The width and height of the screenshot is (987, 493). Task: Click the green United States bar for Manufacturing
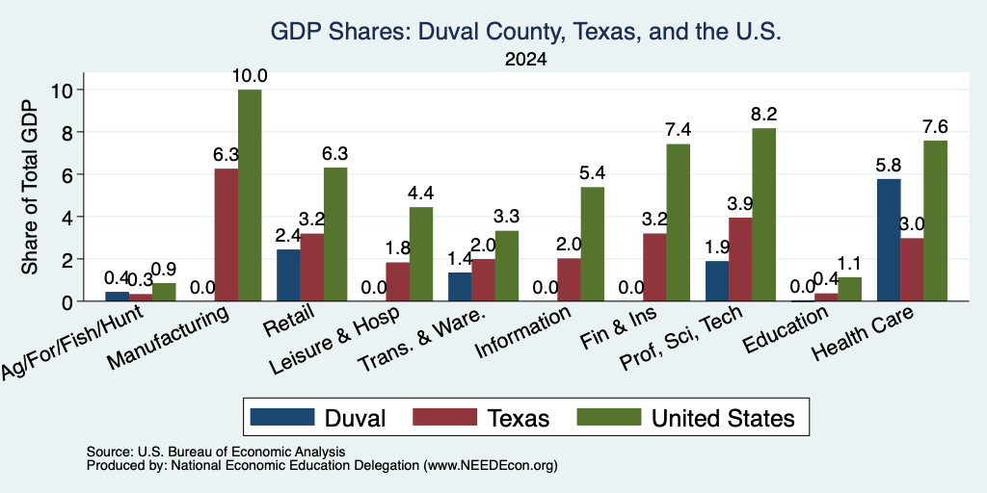pyautogui.click(x=250, y=195)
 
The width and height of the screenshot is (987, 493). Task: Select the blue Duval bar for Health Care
pyautogui.click(x=888, y=240)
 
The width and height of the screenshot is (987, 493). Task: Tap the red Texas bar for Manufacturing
pyautogui.click(x=227, y=235)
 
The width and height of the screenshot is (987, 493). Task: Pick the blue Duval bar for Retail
pyautogui.click(x=288, y=275)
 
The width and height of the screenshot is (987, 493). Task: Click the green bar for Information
pyautogui.click(x=593, y=244)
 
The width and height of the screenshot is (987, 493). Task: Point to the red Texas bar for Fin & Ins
pyautogui.click(x=654, y=268)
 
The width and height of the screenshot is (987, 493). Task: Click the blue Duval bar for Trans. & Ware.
pyautogui.click(x=460, y=287)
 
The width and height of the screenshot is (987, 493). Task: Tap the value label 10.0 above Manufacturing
pyautogui.click(x=250, y=76)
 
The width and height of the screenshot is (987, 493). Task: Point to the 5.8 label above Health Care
pyautogui.click(x=888, y=166)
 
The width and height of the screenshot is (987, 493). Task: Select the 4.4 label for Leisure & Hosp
pyautogui.click(x=421, y=193)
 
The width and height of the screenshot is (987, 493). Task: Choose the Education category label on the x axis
pyautogui.click(x=786, y=329)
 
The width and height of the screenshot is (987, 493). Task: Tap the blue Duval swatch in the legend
pyautogui.click(x=282, y=417)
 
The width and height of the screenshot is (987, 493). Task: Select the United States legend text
pyautogui.click(x=723, y=418)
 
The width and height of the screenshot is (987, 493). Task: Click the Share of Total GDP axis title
pyautogui.click(x=30, y=187)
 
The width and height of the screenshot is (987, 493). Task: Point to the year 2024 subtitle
pyautogui.click(x=525, y=60)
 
